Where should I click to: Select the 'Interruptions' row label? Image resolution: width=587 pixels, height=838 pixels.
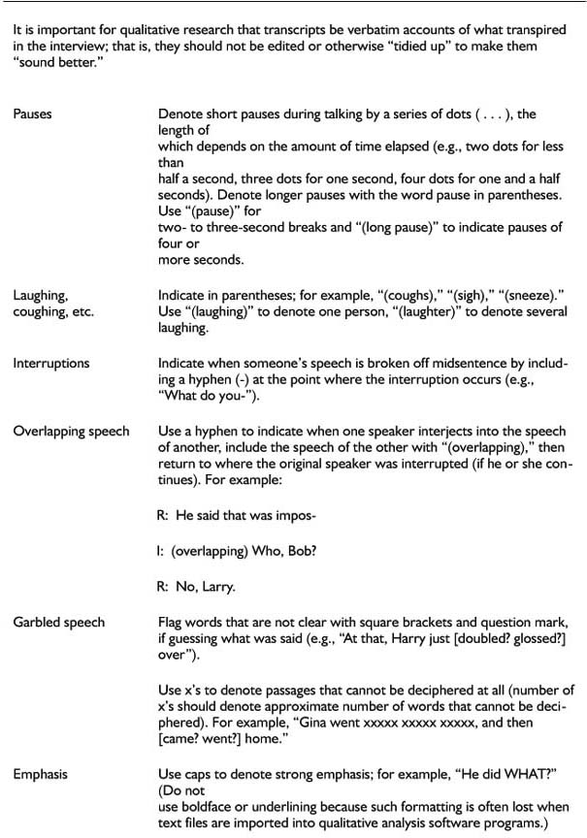[x=50, y=364]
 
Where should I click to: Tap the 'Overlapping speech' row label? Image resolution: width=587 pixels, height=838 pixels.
[x=71, y=432]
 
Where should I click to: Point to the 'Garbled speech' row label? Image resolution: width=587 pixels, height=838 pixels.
[x=58, y=622]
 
